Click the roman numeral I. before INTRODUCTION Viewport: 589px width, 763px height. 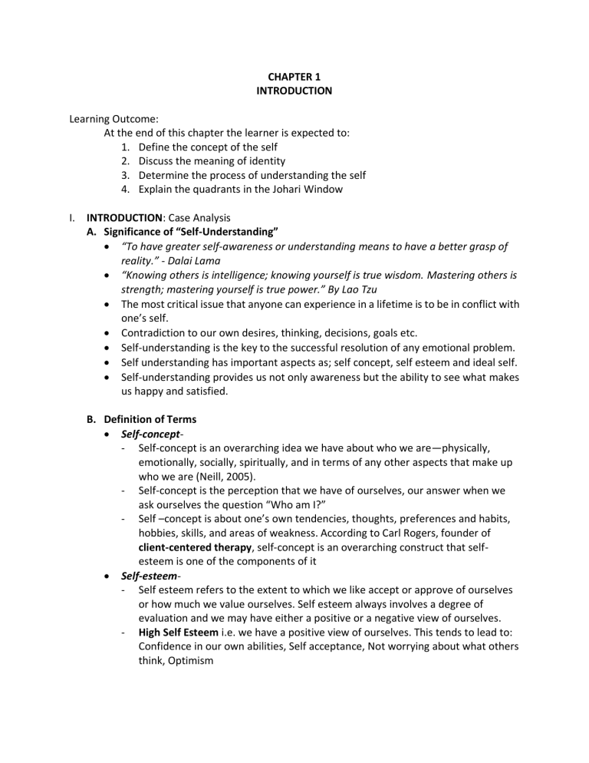coord(72,217)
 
